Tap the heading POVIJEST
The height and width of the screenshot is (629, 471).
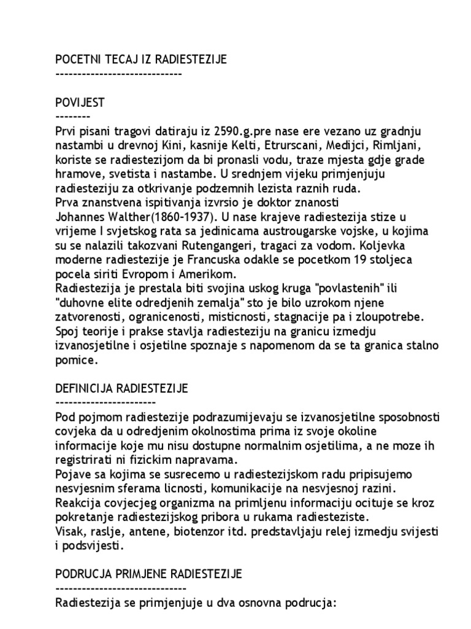coord(80,103)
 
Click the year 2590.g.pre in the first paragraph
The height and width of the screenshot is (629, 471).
coord(239,131)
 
